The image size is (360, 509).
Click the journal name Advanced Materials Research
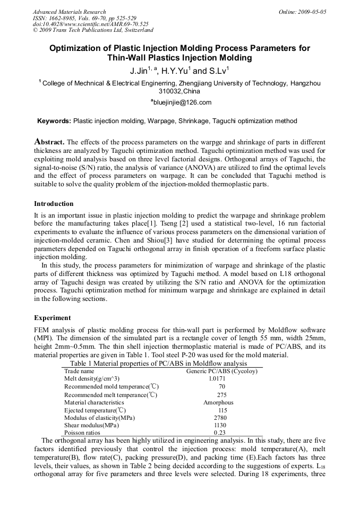69,12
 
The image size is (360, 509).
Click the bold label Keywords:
54,121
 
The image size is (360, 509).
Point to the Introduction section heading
54,204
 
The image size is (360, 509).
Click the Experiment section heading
52,318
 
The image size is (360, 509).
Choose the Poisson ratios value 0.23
219,433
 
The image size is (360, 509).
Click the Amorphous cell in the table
218,402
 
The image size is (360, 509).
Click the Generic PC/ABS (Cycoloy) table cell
221,371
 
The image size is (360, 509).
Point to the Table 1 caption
158,364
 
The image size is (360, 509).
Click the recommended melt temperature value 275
221,395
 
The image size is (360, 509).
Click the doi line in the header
91,24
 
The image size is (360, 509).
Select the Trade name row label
79,371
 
